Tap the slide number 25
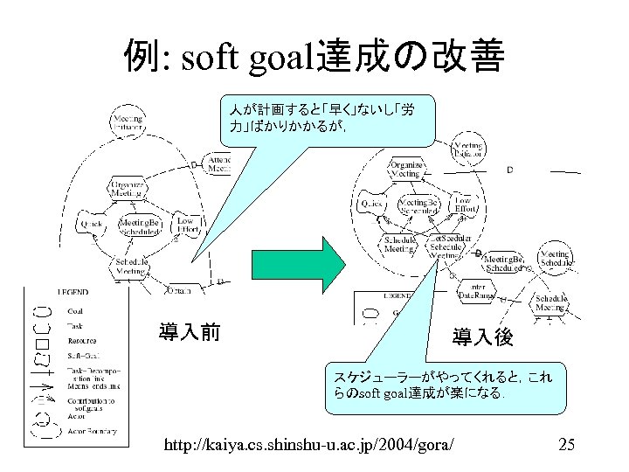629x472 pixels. point(566,446)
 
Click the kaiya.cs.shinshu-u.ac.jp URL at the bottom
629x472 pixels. point(309,446)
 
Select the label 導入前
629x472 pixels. point(189,332)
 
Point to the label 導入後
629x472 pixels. point(482,336)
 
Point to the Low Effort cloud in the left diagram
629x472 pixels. point(185,226)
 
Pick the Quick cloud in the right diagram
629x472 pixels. point(373,203)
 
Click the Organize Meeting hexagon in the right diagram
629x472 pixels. point(405,170)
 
